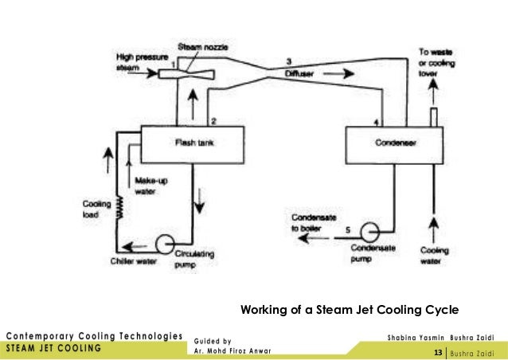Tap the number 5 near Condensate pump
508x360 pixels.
click(x=347, y=230)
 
